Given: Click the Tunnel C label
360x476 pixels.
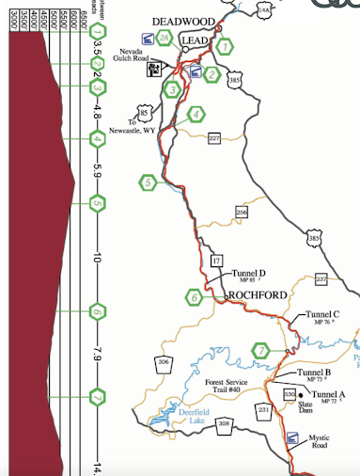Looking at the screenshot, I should [x=322, y=316].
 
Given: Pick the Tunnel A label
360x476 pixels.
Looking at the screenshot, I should [x=329, y=395].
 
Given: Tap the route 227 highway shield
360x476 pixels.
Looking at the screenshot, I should [x=213, y=138].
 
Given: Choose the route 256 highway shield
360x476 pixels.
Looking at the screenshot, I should [x=242, y=213].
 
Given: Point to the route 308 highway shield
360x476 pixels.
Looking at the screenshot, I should [x=224, y=426].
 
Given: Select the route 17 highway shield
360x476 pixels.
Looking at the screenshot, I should [x=216, y=260].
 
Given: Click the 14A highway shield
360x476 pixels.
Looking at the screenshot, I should [x=264, y=11].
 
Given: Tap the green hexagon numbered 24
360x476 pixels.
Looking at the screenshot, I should [x=164, y=39].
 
